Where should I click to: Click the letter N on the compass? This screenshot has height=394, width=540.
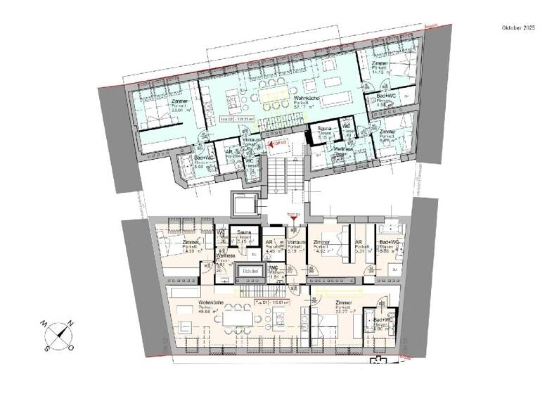70,323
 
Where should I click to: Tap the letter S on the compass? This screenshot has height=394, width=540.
46,347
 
